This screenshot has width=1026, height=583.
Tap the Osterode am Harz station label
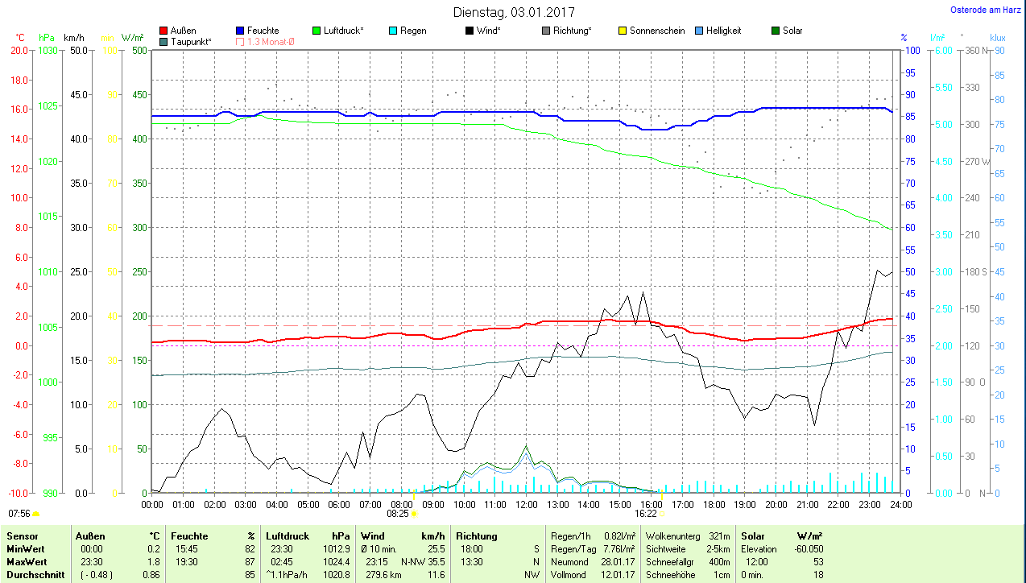coord(986,10)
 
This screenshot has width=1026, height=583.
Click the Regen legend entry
coord(413,31)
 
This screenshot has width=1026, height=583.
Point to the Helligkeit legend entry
coord(723,31)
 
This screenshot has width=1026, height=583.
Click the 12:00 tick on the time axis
coord(526,505)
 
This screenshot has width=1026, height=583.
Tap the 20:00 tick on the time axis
coord(776,505)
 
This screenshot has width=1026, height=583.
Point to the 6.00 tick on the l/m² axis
coord(943,50)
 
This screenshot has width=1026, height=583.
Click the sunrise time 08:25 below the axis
coord(398,513)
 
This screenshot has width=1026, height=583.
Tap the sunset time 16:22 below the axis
coord(646,513)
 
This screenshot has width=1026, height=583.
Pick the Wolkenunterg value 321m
coord(719,535)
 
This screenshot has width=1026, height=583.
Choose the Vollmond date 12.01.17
coord(618,575)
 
